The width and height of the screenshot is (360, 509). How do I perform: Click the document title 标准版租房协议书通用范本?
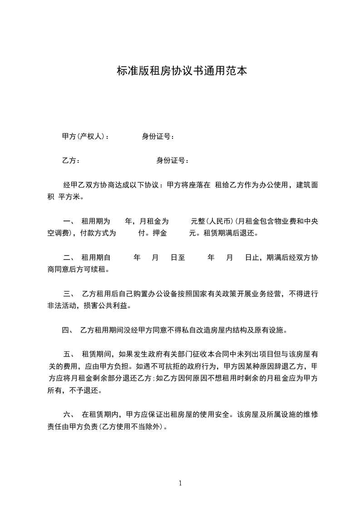[x=182, y=71]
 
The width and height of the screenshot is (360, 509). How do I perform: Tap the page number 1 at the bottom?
[x=180, y=483]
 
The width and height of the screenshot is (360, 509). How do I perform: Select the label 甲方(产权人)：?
[x=85, y=137]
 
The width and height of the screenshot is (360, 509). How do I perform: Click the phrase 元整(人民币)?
[x=212, y=222]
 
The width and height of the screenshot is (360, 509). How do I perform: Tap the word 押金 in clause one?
[x=160, y=234]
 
